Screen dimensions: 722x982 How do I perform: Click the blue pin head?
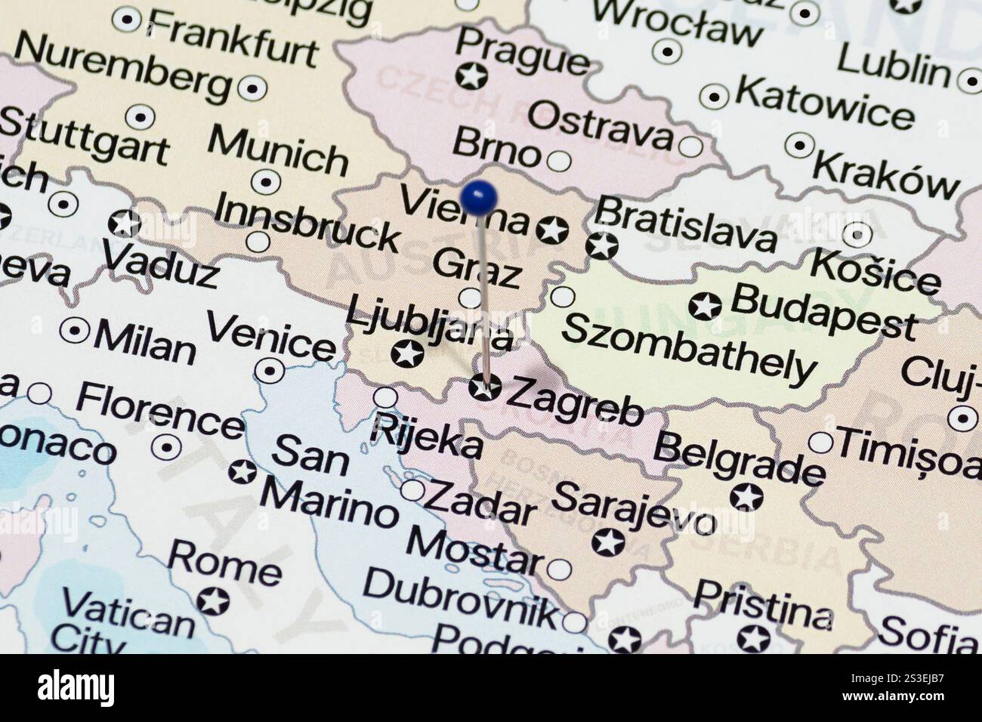[x=478, y=197]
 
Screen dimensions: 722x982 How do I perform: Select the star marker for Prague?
[x=473, y=76]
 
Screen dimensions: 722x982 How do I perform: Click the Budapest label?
[x=823, y=311]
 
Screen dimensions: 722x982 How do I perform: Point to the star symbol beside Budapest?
[x=704, y=306]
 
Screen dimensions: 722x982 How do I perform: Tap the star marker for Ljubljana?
[x=407, y=353]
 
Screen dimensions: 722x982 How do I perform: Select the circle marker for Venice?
[x=270, y=371]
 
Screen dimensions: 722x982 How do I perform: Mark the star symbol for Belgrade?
[x=746, y=497]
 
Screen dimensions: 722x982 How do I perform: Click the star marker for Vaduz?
[x=124, y=224]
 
